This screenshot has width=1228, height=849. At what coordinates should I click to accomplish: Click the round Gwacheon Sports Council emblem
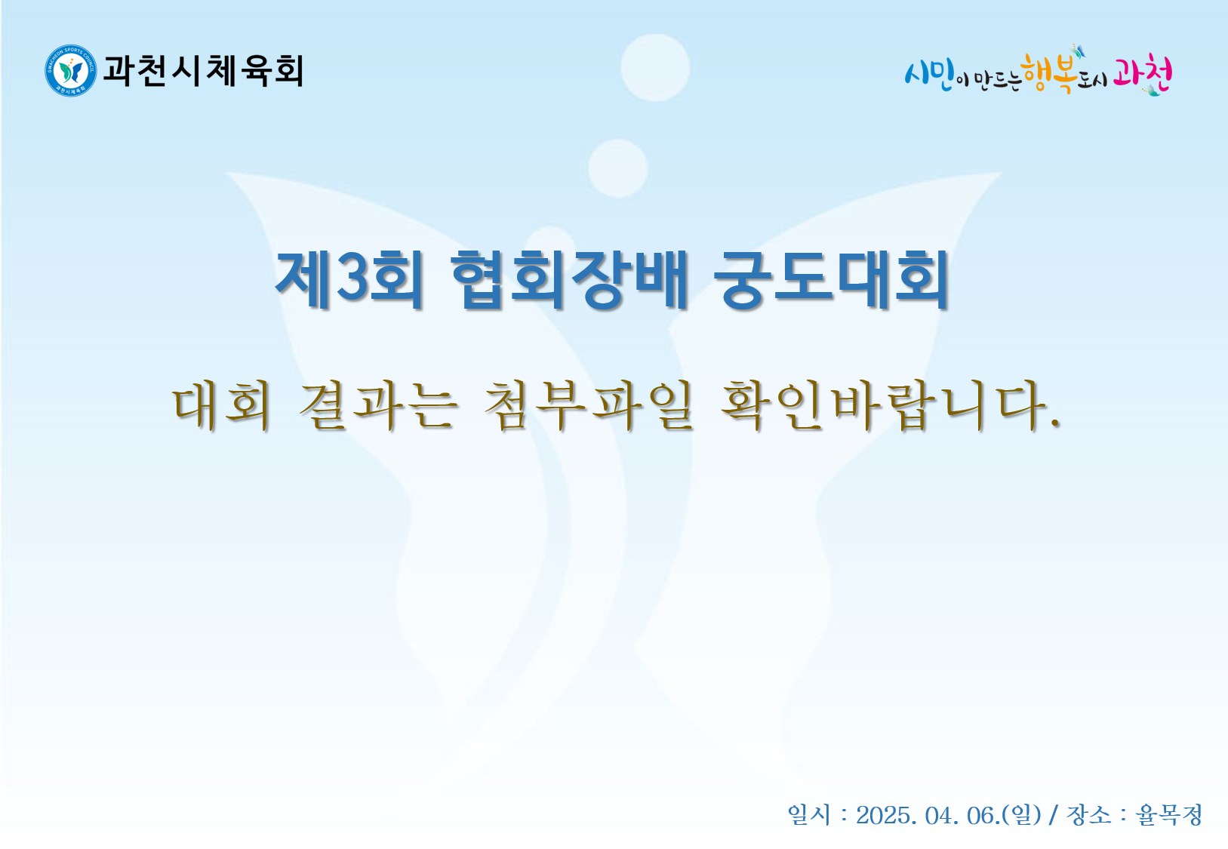click(71, 71)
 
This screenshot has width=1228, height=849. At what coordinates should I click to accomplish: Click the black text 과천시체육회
click(203, 71)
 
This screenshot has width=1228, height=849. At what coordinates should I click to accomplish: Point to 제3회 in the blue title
click(349, 280)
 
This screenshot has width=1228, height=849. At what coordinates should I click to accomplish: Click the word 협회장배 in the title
click(569, 280)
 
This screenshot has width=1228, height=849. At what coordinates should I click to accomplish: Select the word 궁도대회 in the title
click(832, 280)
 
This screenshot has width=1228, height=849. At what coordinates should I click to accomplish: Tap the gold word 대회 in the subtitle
click(221, 405)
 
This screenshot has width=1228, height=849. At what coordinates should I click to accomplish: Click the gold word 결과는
click(377, 405)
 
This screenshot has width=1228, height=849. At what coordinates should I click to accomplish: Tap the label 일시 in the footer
click(809, 815)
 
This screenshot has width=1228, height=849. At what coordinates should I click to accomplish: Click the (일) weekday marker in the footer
click(1021, 816)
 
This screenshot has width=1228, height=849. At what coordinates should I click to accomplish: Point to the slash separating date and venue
click(1053, 816)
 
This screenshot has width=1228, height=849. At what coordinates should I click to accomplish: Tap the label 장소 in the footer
click(1089, 815)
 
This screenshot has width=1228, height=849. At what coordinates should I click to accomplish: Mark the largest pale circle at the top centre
click(655, 67)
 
